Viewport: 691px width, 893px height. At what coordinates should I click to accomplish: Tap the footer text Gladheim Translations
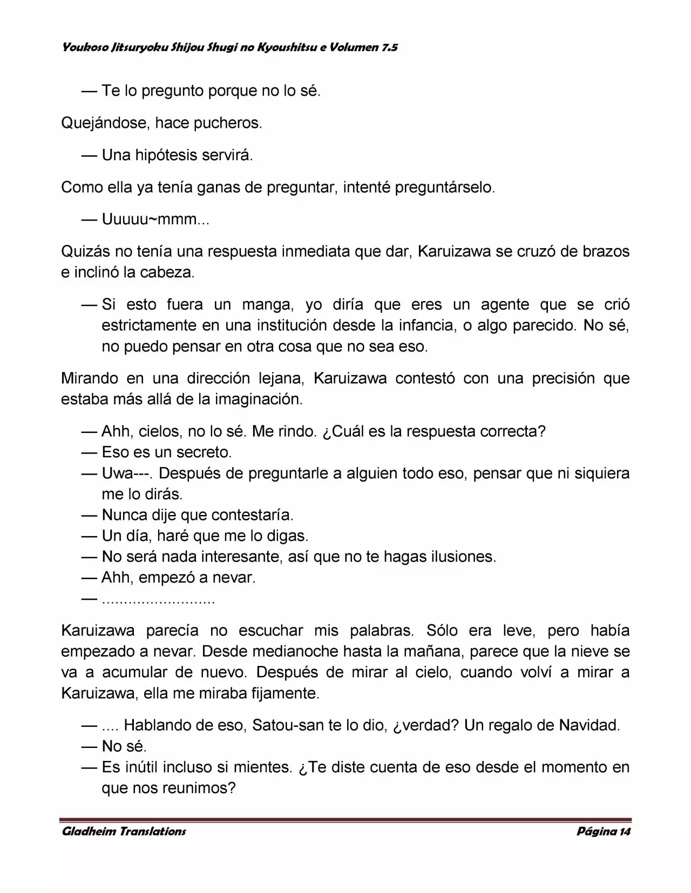(x=124, y=831)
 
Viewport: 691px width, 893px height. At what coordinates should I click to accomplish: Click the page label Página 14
(x=603, y=831)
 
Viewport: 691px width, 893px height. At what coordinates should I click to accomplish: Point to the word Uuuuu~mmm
(x=155, y=219)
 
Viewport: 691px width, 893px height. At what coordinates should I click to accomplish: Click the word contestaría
(x=252, y=515)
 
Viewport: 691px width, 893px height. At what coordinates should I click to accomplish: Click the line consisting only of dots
(x=158, y=600)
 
